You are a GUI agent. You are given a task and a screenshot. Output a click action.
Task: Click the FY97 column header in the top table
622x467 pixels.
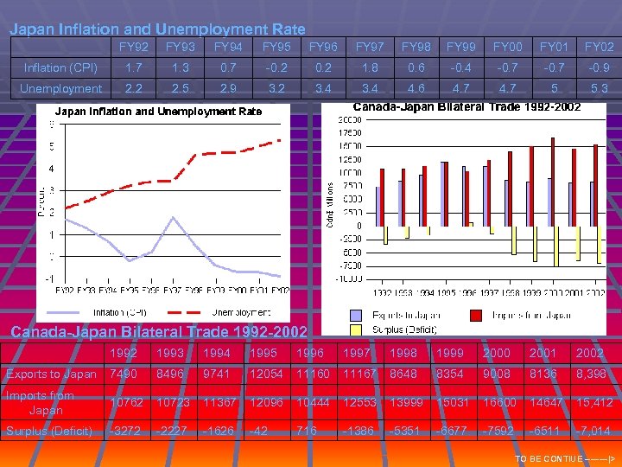[370, 46]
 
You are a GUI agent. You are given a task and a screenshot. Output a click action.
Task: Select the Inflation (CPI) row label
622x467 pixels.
[60, 67]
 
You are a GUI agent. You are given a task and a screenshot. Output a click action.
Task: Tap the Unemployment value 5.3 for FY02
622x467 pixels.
[600, 88]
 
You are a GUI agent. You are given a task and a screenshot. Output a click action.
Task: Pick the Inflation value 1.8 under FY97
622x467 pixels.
[370, 67]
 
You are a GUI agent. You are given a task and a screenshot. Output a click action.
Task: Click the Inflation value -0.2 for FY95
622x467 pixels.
[276, 67]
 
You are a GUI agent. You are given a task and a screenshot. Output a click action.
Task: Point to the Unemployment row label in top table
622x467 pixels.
[60, 88]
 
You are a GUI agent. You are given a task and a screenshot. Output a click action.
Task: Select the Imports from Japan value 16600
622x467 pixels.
[497, 403]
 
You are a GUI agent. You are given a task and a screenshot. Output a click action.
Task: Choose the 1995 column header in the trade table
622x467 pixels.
[263, 353]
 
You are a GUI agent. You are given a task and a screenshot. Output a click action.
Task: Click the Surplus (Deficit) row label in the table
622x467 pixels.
[49, 431]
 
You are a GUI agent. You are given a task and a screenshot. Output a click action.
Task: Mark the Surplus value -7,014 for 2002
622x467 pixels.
[592, 431]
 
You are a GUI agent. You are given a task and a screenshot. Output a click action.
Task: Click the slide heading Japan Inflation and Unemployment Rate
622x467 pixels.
[157, 29]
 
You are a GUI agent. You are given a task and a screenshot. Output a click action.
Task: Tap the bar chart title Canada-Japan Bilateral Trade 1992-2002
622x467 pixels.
[466, 106]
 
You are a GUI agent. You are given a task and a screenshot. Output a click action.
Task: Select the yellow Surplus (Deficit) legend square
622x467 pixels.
[355, 329]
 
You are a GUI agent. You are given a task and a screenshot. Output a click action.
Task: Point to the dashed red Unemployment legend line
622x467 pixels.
[186, 311]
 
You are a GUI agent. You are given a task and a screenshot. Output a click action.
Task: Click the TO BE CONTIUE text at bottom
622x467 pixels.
[562, 458]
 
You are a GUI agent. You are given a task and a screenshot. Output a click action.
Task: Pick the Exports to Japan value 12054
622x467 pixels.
[263, 374]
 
